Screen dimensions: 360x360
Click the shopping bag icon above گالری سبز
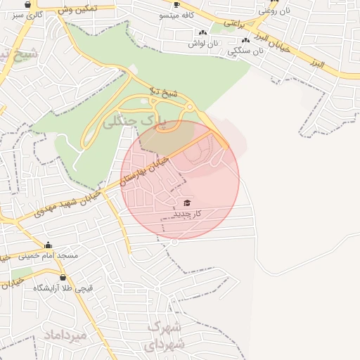pyautogui.click(x=27, y=5)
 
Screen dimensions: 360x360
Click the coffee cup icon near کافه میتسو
pyautogui.click(x=176, y=4)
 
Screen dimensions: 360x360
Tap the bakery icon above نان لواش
pyautogui.click(x=203, y=32)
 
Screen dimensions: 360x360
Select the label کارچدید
pyautogui.click(x=187, y=212)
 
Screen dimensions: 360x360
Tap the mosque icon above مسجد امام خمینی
pyautogui.click(x=48, y=245)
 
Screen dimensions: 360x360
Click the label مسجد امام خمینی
pyautogui.click(x=49, y=255)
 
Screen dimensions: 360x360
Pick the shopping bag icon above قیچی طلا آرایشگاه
pyautogui.click(x=63, y=278)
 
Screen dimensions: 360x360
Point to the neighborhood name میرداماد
pyautogui.click(x=65, y=335)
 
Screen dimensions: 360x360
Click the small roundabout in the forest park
pyautogui.click(x=188, y=107)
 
